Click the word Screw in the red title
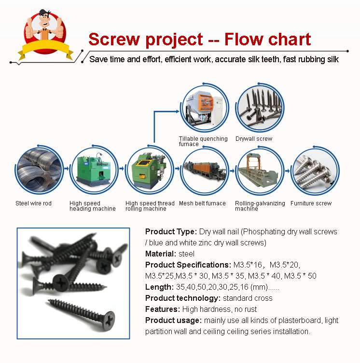(x=114, y=39)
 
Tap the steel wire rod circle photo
(x=39, y=170)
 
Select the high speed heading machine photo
(x=94, y=170)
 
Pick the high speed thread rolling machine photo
(x=149, y=170)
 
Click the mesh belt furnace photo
(x=205, y=171)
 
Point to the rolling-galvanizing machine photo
(x=260, y=171)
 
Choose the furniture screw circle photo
(x=315, y=171)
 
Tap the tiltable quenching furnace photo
(x=205, y=108)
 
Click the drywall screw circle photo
(x=260, y=108)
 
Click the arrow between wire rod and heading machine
(x=67, y=169)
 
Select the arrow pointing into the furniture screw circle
(x=288, y=171)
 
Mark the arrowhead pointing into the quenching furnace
(x=178, y=111)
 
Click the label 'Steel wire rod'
(x=33, y=203)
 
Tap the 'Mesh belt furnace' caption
(x=202, y=203)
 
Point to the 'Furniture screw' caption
(x=311, y=203)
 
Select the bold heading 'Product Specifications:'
(x=188, y=265)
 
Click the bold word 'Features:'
(x=163, y=309)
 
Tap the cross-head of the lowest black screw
(x=109, y=320)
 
